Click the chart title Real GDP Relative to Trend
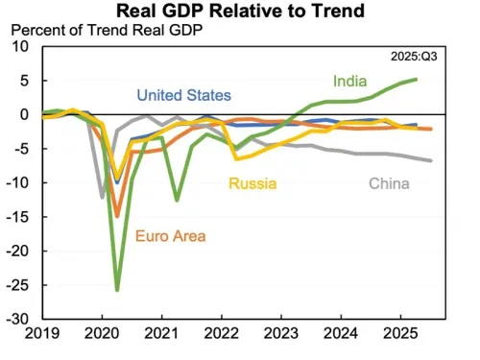[240, 12]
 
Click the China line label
[394, 183]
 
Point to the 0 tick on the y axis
[28, 113]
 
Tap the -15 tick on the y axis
[21, 216]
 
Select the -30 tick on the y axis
[21, 318]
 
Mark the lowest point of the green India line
[117, 289]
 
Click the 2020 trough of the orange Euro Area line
[117, 215]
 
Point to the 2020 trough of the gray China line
[103, 197]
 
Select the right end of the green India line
[416, 80]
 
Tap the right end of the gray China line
[431, 160]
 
